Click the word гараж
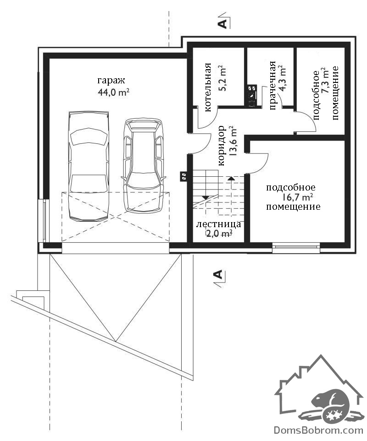pyautogui.click(x=111, y=81)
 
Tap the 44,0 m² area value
pyautogui.click(x=113, y=92)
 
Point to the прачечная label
pyautogui.click(x=272, y=86)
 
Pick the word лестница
pyautogui.click(x=218, y=224)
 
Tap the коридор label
pyautogui.click(x=222, y=146)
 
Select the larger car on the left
pyautogui.click(x=89, y=165)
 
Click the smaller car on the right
pyautogui.click(x=144, y=165)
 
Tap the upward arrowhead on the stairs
pyautogui.click(x=231, y=178)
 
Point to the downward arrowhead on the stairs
pyautogui.click(x=206, y=198)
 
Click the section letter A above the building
pyautogui.click(x=222, y=24)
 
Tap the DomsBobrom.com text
pyautogui.click(x=318, y=430)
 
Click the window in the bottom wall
pyautogui.click(x=296, y=247)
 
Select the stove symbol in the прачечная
pyautogui.click(x=252, y=96)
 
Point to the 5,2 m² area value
pyautogui.click(x=222, y=79)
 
